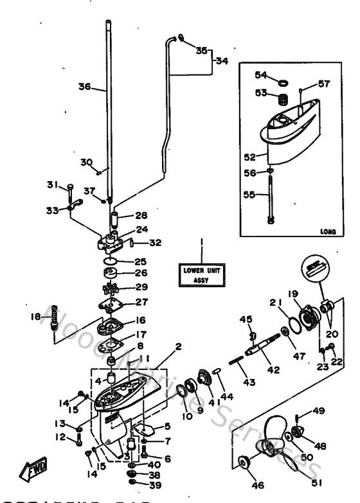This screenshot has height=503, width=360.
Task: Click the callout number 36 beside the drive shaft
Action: pos(84,87)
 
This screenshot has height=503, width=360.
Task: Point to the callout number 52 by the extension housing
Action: pos(249,155)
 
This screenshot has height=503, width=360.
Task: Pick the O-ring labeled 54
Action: pos(281,82)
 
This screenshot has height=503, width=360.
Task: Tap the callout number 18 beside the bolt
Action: pos(35,316)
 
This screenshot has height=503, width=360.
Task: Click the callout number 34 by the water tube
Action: pos(222,61)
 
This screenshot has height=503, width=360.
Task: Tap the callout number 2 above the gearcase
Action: pos(178,346)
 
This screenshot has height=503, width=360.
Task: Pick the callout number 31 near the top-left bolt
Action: pos(53,185)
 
